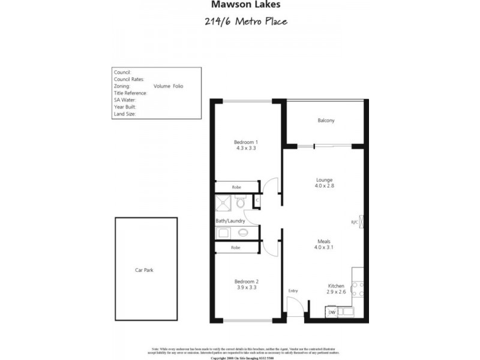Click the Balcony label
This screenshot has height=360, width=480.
[326, 121]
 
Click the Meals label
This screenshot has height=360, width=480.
[325, 242]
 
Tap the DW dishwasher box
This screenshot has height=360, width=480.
[332, 312]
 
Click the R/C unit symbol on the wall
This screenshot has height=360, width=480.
[361, 221]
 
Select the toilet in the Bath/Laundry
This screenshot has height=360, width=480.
[241, 203]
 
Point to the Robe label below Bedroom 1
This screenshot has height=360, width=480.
[236, 187]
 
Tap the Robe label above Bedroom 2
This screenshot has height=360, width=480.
[236, 247]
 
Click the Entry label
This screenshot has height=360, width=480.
[293, 291]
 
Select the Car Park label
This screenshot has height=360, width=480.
[144, 271]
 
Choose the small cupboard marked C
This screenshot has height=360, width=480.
[257, 200]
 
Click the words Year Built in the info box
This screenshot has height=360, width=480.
[125, 106]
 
